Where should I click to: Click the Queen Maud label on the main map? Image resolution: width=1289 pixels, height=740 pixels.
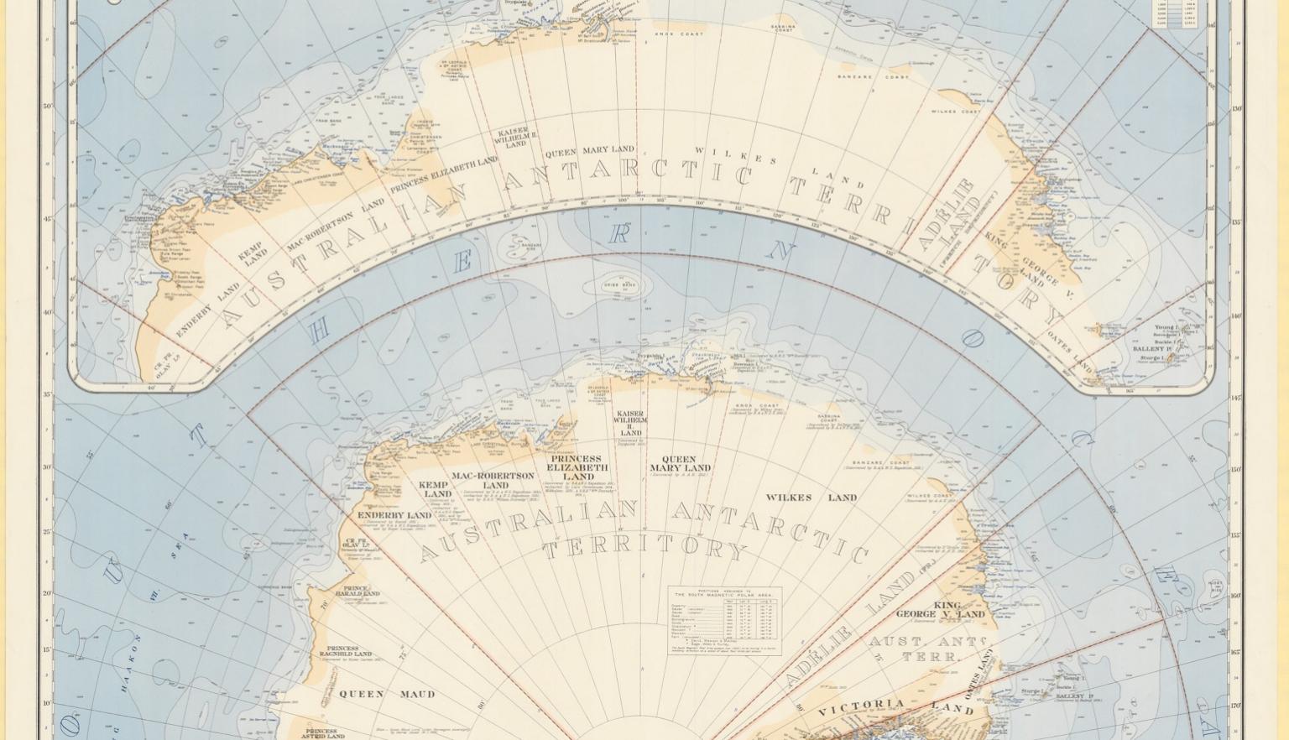click(x=387, y=694)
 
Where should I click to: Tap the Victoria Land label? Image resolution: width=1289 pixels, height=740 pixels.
click(x=895, y=707)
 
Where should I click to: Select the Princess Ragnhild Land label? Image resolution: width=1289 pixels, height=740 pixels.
click(x=343, y=651)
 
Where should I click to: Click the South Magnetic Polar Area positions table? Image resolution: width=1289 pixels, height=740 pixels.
click(x=725, y=621)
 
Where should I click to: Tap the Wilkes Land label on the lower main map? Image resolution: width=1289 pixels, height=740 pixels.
click(x=811, y=498)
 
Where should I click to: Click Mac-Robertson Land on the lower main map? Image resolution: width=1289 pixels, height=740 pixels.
click(x=493, y=480)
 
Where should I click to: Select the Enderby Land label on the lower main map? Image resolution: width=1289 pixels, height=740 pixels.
click(x=394, y=515)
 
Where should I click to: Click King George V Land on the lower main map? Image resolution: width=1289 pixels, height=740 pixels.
click(x=942, y=610)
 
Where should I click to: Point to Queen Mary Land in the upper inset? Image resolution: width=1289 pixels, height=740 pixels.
click(x=590, y=151)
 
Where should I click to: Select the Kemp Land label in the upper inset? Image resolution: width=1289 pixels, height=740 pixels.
click(x=253, y=253)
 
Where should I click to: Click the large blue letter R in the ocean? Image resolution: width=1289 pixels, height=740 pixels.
click(x=619, y=234)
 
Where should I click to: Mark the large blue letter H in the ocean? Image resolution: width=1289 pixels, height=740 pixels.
click(x=319, y=333)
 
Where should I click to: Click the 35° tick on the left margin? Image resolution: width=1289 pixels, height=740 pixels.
click(x=47, y=394)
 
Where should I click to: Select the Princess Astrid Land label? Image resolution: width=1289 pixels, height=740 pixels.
click(x=323, y=733)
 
